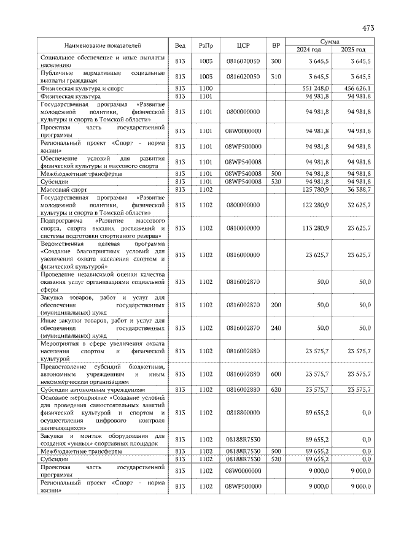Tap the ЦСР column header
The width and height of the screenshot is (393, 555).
(243, 45)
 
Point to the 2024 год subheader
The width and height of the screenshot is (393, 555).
(309, 50)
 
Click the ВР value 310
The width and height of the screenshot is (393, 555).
(276, 77)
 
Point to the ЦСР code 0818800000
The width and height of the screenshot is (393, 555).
(243, 413)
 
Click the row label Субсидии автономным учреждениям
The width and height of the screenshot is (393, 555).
(93, 389)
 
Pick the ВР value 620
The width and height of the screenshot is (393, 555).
(276, 389)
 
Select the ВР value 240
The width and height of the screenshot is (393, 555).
(276, 328)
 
